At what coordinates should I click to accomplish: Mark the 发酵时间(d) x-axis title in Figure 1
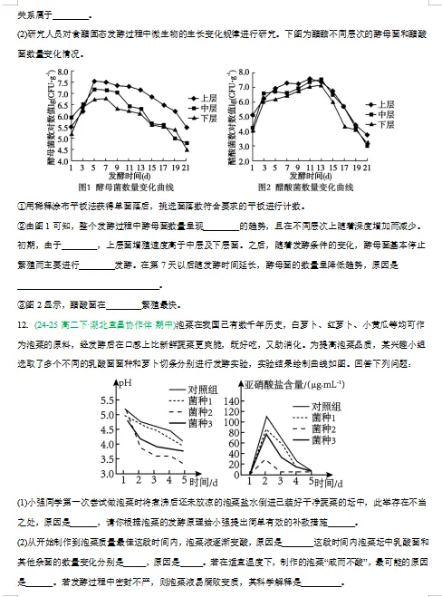point(119,176)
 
